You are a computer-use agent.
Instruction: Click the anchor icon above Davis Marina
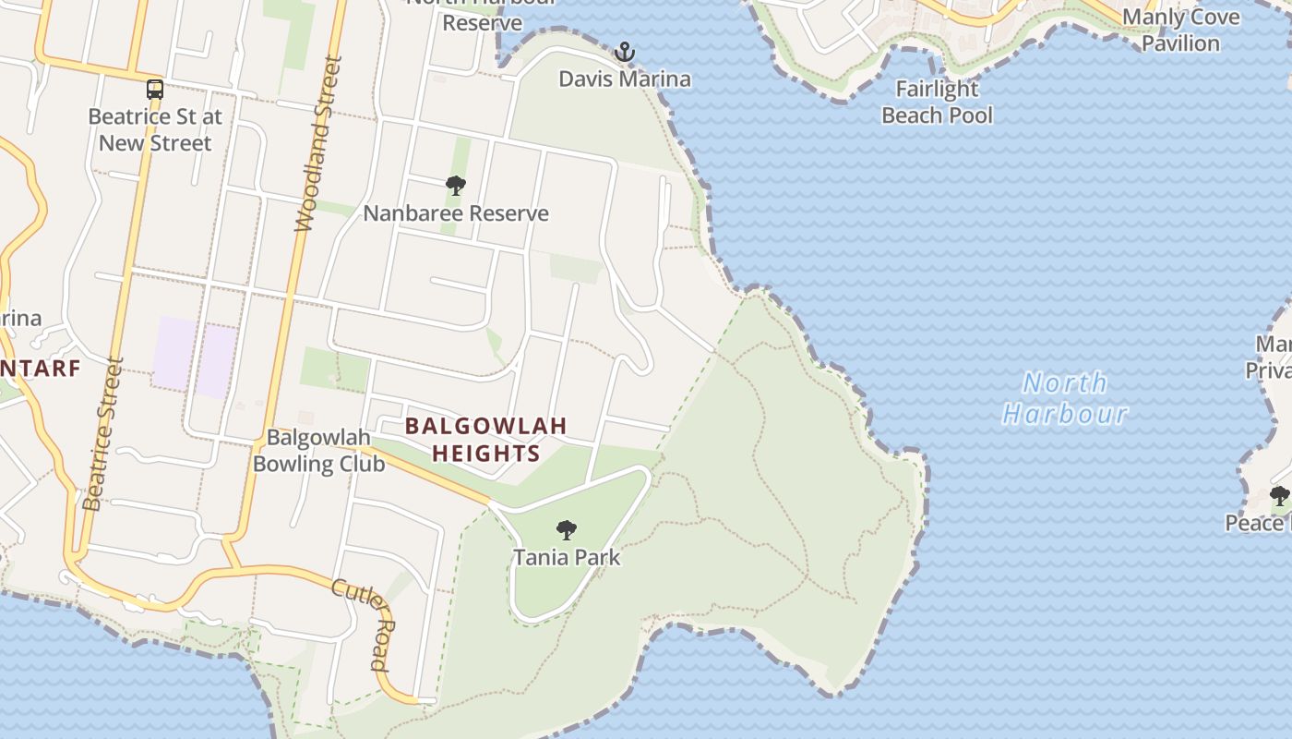point(626,52)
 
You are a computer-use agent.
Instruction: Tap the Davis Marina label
point(625,79)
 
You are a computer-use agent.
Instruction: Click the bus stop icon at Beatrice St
point(155,90)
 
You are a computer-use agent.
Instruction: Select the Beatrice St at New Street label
point(155,130)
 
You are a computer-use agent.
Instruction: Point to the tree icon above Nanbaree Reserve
point(455,186)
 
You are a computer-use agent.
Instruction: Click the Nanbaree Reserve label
point(456,213)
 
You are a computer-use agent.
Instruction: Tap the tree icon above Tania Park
point(567,530)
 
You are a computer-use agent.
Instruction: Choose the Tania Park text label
point(567,558)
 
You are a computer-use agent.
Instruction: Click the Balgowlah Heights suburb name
point(485,440)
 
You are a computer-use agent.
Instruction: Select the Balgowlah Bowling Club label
point(318,451)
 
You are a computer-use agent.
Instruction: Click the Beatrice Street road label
point(102,434)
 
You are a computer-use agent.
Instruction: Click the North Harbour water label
point(1066,398)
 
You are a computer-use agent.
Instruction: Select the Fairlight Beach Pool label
point(938,102)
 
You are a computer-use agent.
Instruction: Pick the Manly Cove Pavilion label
point(1180,30)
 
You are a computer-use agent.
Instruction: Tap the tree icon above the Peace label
point(1280,496)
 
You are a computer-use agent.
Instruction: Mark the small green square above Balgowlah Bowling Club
point(334,369)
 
